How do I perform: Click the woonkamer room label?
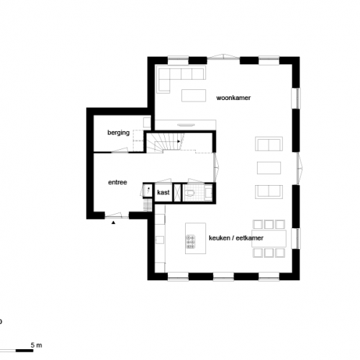233,98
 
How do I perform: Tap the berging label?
118,132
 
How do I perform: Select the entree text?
117,182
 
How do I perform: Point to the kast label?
163,192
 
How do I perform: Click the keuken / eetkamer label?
236,238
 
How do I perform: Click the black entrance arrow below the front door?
113,222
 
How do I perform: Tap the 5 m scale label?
36,345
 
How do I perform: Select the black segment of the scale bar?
24,351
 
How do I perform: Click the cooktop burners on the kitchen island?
190,242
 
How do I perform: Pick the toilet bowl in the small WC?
190,193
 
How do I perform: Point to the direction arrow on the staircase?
179,141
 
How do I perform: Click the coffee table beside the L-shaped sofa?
194,96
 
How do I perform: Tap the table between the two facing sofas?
269,168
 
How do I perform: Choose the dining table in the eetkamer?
269,238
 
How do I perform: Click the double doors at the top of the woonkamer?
223,57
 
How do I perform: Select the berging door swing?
120,150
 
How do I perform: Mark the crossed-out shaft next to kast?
177,192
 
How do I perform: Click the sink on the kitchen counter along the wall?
160,240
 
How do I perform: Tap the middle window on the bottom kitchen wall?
223,276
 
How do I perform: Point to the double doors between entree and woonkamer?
217,168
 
